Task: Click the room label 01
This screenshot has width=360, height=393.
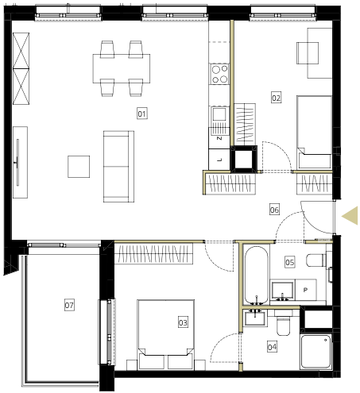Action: tap(142, 114)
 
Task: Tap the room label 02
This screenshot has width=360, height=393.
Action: tap(276, 98)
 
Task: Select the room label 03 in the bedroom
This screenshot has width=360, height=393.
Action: tap(183, 322)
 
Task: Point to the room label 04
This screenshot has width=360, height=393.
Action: tap(272, 347)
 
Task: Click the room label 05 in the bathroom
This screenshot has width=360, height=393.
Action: tap(290, 262)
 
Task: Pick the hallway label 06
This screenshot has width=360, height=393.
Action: tap(274, 210)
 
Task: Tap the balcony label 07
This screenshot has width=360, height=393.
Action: tap(69, 305)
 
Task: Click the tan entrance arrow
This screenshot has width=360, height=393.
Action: tap(350, 216)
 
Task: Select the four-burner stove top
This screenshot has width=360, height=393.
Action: tap(219, 74)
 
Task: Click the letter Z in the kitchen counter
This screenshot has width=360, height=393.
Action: tap(219, 138)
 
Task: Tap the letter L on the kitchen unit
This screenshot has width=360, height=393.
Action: tap(219, 160)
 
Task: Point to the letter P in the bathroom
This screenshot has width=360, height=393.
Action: tap(305, 290)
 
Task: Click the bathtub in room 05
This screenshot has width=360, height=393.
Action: tap(256, 275)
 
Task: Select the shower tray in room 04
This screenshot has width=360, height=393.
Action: tap(316, 352)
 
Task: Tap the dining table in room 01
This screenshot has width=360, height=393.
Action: tap(122, 68)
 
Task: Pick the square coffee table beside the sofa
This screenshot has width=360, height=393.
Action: tap(79, 167)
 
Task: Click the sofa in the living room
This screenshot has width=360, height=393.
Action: tap(118, 167)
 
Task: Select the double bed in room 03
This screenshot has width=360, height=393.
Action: tap(166, 334)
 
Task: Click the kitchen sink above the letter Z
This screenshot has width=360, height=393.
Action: tap(219, 114)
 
